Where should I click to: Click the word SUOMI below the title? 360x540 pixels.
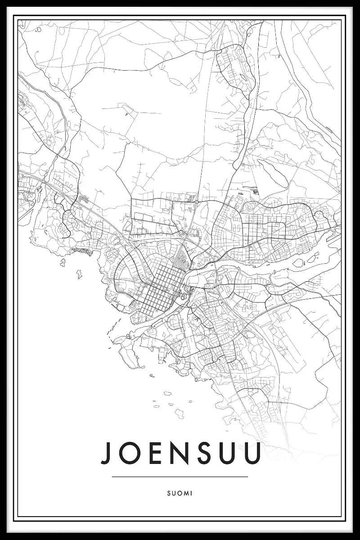click(180, 493)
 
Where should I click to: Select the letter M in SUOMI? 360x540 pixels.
click(187, 493)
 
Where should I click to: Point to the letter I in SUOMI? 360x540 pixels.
click(192, 493)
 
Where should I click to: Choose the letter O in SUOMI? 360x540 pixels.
click(180, 493)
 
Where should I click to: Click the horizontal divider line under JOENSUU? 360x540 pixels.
click(180, 477)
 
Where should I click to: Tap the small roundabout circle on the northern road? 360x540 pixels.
click(197, 203)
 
